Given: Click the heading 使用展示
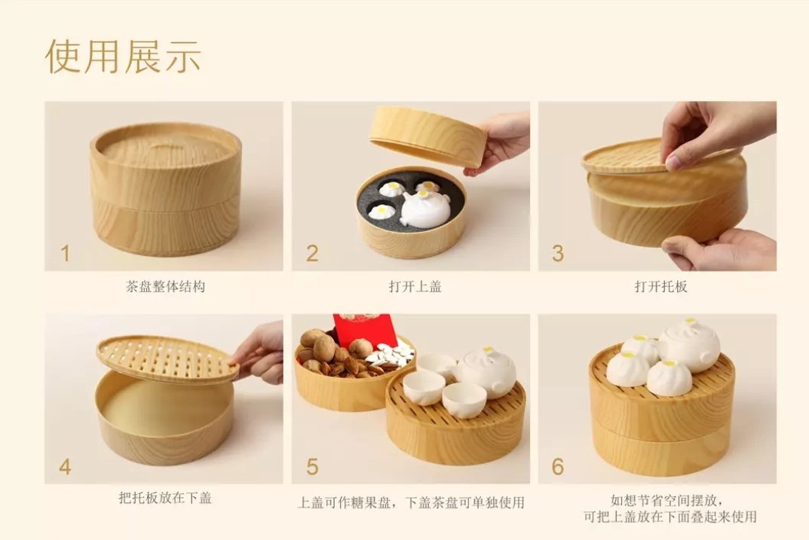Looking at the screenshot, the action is tap(123, 56).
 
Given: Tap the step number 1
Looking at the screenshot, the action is tap(65, 254).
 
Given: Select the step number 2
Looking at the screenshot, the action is tap(312, 254).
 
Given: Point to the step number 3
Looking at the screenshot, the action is tap(558, 254).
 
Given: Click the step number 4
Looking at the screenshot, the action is tap(65, 467).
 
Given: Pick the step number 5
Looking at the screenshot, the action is tap(312, 467).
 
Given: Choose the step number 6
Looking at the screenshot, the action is tap(558, 467).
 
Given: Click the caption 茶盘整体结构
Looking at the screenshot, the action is tap(165, 286).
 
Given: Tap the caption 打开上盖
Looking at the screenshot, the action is tap(415, 286).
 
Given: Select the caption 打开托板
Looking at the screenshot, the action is tap(661, 286).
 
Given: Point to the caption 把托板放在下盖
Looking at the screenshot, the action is tap(165, 498).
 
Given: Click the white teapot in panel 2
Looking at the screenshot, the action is tap(424, 208).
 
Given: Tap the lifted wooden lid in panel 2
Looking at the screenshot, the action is tap(427, 136).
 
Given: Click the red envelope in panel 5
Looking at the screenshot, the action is tap(364, 330).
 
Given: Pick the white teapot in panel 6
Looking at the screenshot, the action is tap(689, 345).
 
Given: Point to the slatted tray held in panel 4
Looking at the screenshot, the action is tap(167, 360).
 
